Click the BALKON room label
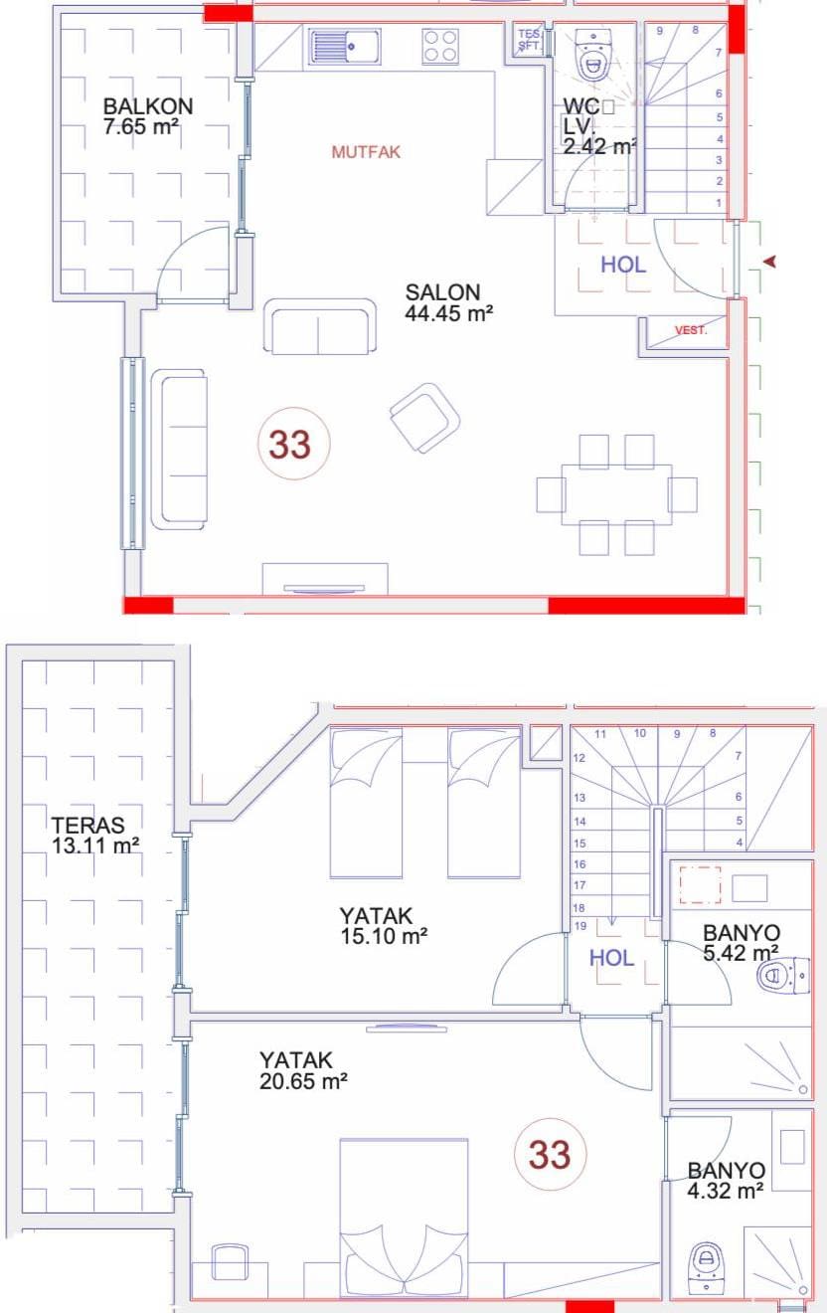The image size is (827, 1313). click(147, 106)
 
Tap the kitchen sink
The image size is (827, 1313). click(344, 47)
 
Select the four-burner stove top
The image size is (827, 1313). click(440, 47)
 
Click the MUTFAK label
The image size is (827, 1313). click(366, 152)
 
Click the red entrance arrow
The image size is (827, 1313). click(769, 262)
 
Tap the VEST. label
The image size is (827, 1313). click(691, 330)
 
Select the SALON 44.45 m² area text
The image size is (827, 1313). click(448, 302)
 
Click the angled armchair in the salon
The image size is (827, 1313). click(425, 418)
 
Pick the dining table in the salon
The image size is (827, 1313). click(616, 494)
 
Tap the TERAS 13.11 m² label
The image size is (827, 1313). click(94, 836)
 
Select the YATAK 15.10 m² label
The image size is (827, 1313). click(384, 925)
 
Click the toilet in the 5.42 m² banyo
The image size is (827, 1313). click(783, 976)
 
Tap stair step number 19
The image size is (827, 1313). click(580, 926)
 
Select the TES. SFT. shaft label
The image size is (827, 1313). click(529, 39)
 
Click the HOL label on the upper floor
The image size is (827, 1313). click(612, 958)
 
